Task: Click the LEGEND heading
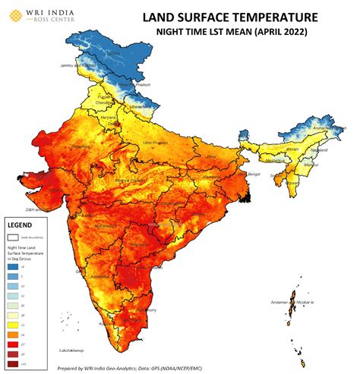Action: (21, 225)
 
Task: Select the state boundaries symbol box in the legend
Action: (13, 237)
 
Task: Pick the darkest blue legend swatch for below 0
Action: (13, 266)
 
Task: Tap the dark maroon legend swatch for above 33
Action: (13, 363)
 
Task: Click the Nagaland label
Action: (319, 151)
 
